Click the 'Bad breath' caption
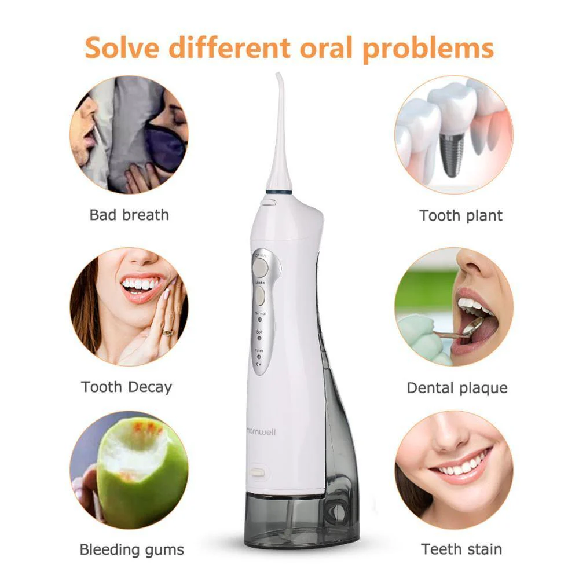coord(129,215)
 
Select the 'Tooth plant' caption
coord(461,216)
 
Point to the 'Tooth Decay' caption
coord(127,387)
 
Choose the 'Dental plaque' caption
coord(457,387)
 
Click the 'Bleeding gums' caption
coord(132,549)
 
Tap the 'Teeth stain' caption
coord(461,549)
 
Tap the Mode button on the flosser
coord(260,296)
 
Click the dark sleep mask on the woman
coord(164,148)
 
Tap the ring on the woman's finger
coord(167,332)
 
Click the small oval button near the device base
coord(258,473)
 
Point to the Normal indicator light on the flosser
coord(260,318)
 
